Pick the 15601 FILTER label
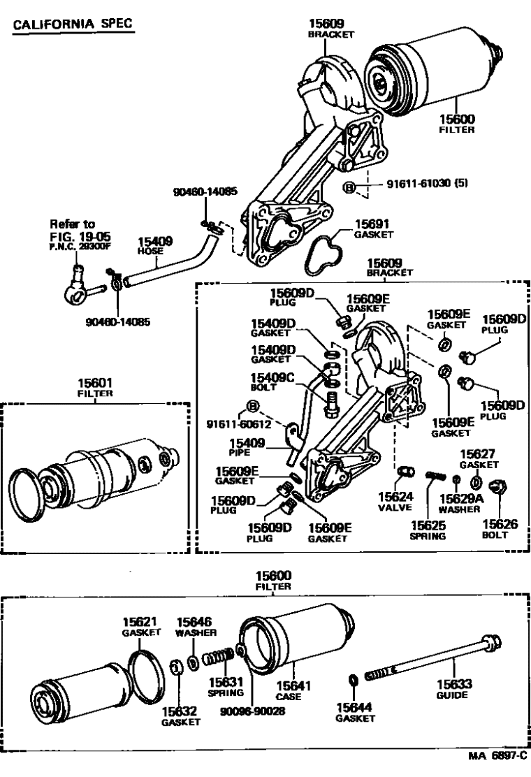[95, 388]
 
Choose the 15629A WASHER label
[459, 503]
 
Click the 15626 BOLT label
[500, 528]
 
